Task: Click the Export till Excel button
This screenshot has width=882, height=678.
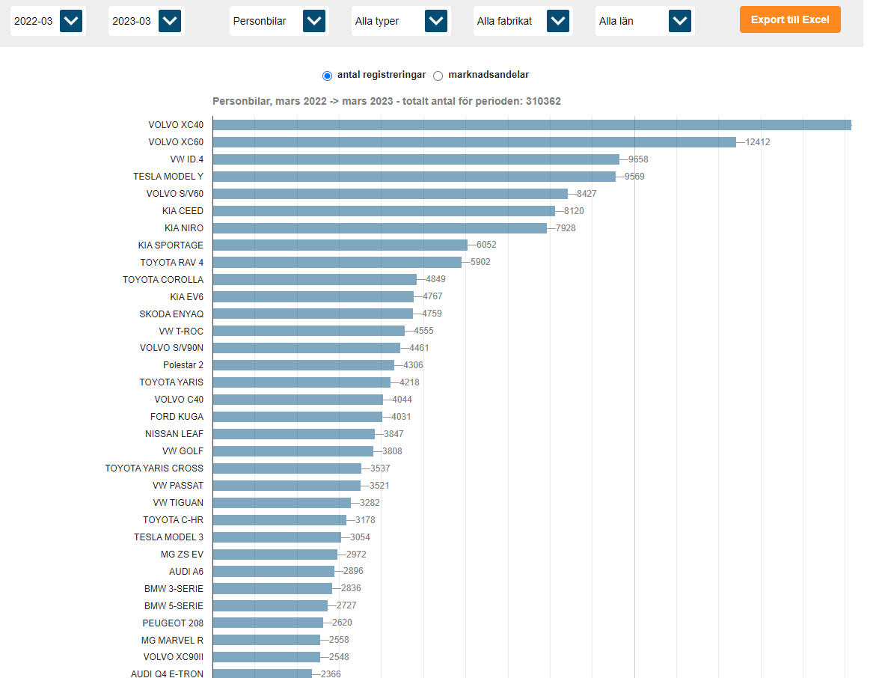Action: coord(790,19)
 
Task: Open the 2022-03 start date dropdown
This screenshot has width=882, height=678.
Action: coord(71,21)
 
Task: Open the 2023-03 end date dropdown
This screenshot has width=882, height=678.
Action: coord(170,21)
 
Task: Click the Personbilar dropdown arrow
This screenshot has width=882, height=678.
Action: coord(314,21)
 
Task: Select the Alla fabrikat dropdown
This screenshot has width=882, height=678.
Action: coord(557,21)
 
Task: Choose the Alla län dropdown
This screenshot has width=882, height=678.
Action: coord(680,21)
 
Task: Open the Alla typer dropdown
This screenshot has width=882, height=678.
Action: coord(436,21)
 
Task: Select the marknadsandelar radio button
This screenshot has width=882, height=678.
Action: coord(438,76)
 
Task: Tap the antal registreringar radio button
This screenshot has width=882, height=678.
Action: coord(327,76)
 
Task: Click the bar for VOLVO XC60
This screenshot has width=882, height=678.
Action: coord(474,142)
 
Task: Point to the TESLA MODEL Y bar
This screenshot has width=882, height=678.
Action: coord(414,177)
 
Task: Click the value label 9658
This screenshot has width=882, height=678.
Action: coord(638,159)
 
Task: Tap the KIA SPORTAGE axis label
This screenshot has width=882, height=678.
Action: coord(171,245)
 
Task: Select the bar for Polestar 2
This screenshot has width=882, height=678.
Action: coord(303,365)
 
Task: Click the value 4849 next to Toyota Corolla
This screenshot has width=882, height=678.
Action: coord(435,280)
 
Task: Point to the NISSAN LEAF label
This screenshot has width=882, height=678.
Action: coord(174,434)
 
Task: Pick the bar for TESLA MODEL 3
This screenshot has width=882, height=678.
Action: coord(277,537)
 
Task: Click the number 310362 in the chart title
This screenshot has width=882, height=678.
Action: coord(544,102)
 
